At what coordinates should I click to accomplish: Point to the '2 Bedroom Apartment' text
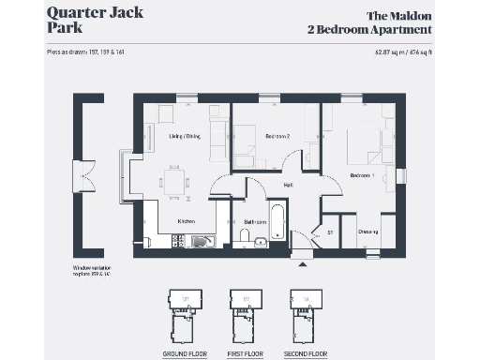click(x=370, y=30)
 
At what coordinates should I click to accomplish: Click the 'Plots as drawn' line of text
click(x=85, y=52)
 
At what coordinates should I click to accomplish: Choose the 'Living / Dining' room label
click(x=185, y=137)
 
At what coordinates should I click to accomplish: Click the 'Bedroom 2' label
click(x=277, y=137)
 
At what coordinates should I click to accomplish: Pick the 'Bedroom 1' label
click(x=362, y=175)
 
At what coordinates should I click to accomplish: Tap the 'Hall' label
click(x=290, y=184)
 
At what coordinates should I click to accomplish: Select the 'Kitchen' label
click(x=186, y=222)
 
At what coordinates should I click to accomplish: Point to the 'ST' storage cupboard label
click(x=330, y=232)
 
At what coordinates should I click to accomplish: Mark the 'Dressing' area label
click(x=367, y=232)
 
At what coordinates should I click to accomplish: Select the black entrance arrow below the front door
click(x=302, y=263)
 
